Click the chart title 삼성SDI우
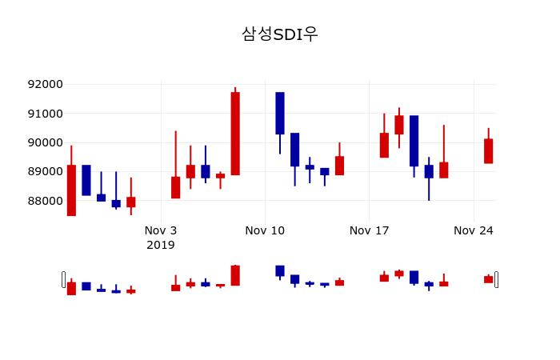[x=280, y=34]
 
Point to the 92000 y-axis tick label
[x=45, y=84]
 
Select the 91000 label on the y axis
[x=45, y=114]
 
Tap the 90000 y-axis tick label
[x=45, y=142]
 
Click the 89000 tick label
[x=45, y=171]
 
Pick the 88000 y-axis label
[x=45, y=201]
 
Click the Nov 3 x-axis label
[x=161, y=230]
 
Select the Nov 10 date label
[x=265, y=230]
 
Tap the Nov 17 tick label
[x=369, y=230]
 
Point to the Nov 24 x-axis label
[x=474, y=230]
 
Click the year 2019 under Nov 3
[x=161, y=244]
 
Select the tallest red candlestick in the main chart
[x=235, y=133]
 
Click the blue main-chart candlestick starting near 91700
[x=280, y=113]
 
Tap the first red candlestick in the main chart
[x=71, y=190]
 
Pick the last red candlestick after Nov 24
[x=488, y=151]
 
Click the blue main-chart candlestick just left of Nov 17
[x=324, y=171]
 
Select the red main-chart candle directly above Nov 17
[x=384, y=145]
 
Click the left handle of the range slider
[x=64, y=279]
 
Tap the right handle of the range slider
[x=497, y=279]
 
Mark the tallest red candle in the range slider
[x=235, y=275]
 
